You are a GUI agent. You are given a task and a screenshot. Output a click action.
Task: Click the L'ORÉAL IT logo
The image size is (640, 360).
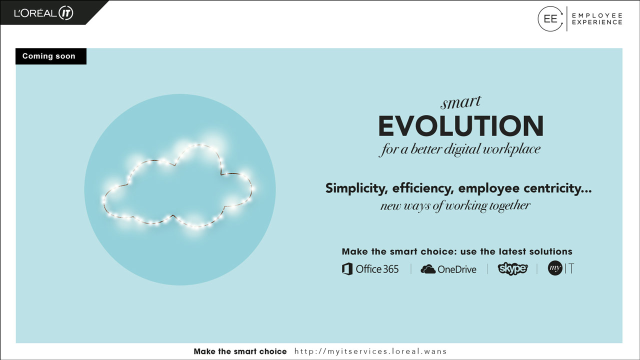tap(43, 13)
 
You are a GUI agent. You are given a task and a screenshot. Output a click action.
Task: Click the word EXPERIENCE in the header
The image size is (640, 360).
tap(597, 22)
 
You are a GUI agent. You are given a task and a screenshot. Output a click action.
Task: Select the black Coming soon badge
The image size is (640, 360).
tap(51, 56)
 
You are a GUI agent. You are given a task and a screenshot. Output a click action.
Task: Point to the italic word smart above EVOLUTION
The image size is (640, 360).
tap(460, 102)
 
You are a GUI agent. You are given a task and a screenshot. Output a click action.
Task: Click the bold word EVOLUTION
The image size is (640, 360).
tap(461, 126)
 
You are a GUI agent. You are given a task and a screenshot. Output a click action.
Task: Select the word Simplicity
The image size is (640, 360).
tap(356, 188)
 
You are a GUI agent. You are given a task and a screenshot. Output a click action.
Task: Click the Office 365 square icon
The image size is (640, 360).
tap(347, 269)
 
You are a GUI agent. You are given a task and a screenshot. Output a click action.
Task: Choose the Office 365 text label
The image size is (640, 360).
tap(377, 269)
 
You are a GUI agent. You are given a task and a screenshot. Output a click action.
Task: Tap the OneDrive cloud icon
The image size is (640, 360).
tap(427, 269)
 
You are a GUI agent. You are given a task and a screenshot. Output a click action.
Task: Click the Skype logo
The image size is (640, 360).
tap(513, 268)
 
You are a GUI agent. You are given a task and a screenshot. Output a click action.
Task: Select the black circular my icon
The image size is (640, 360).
tap(555, 268)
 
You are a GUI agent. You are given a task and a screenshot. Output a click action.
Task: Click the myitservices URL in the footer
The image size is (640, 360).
tap(370, 351)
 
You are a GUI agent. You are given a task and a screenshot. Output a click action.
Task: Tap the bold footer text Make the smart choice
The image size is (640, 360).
tap(240, 351)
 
